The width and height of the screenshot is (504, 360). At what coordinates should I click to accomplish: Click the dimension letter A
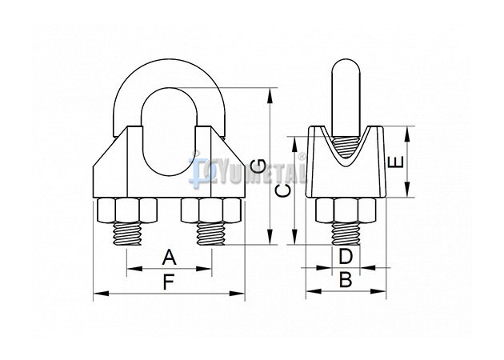tap(169, 258)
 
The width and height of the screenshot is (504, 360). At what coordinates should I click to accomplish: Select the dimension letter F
tap(169, 282)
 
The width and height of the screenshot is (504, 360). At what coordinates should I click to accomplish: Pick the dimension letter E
tap(396, 162)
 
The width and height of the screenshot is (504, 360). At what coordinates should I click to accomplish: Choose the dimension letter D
tap(346, 257)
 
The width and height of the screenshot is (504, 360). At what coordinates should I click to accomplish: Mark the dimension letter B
tap(346, 280)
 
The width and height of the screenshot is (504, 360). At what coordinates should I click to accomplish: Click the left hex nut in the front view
tap(126, 210)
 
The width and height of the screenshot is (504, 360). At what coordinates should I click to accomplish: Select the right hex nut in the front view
tap(211, 210)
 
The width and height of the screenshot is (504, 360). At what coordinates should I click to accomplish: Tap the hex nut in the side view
tap(346, 210)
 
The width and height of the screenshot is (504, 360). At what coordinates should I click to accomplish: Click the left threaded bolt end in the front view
tap(126, 234)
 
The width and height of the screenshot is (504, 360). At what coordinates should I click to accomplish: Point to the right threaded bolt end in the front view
tap(211, 234)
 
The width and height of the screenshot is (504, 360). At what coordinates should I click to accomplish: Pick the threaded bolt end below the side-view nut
tap(346, 234)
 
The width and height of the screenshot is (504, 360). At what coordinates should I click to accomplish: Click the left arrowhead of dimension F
tap(101, 293)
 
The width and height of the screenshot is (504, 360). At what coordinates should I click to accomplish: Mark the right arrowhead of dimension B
tap(378, 291)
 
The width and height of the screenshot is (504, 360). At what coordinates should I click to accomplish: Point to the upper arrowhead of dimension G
tap(270, 95)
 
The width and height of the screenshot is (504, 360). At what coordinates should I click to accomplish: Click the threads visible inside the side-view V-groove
tap(346, 147)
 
